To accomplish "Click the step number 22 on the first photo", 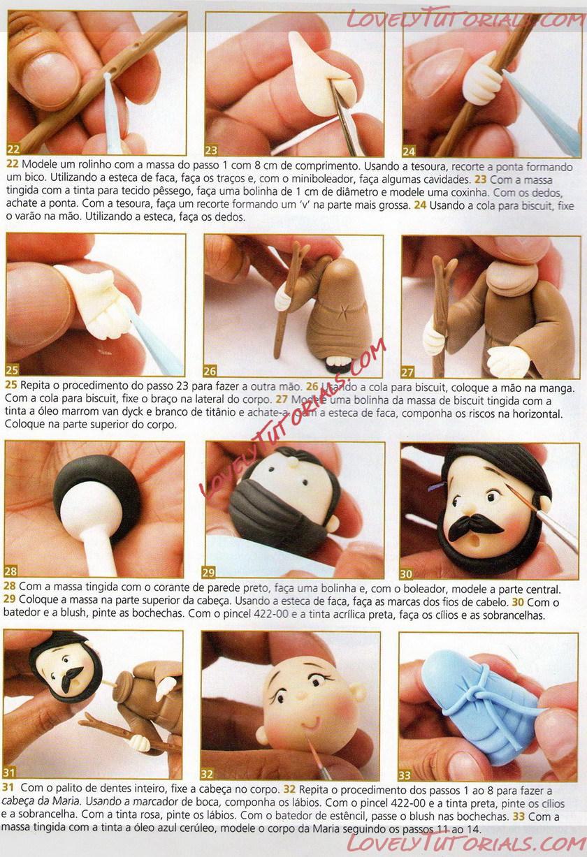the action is (x=13, y=149).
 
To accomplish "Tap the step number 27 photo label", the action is (x=408, y=372).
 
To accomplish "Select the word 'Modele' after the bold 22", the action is (x=38, y=165).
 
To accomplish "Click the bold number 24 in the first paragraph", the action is (x=420, y=205).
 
